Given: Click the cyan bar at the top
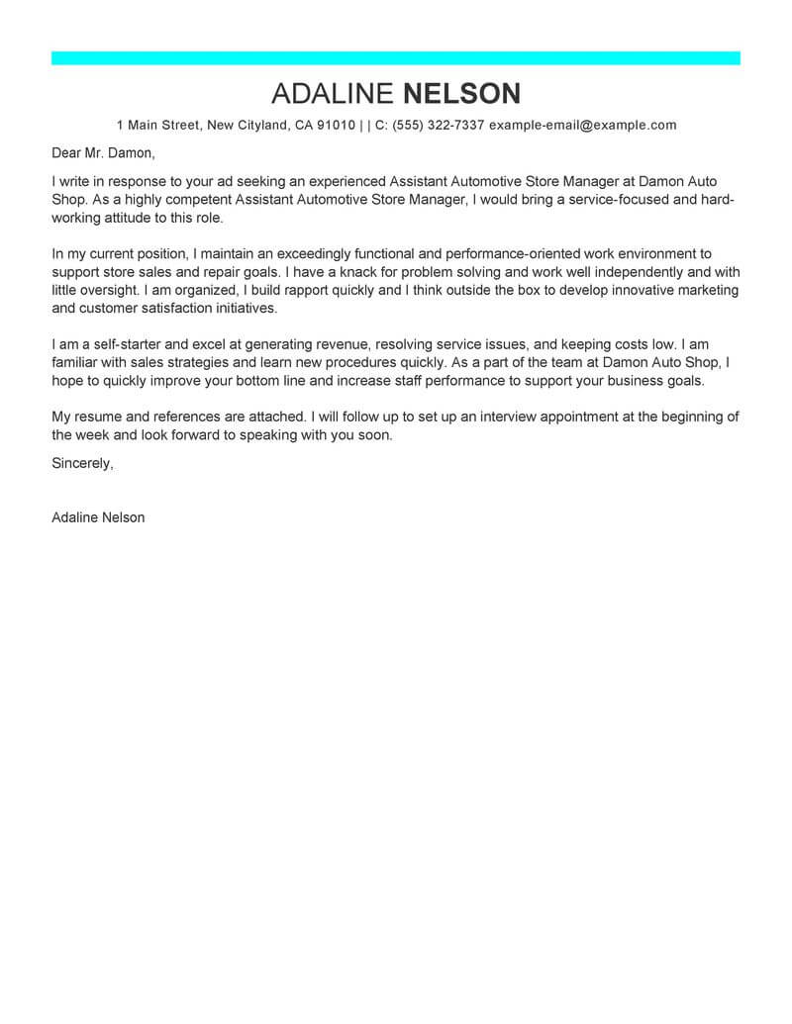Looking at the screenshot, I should pyautogui.click(x=396, y=58).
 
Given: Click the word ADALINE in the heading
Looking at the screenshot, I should pyautogui.click(x=333, y=94).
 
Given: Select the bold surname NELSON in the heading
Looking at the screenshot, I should pyautogui.click(x=462, y=94).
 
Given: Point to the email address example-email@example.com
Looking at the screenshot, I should pyautogui.click(x=583, y=125).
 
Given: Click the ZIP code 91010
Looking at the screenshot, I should pyautogui.click(x=336, y=125).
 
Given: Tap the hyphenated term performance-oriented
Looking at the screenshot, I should pyautogui.click(x=518, y=254).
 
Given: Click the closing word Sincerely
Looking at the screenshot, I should pyautogui.click(x=82, y=463).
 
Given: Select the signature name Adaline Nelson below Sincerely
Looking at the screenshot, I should pyautogui.click(x=98, y=517).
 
